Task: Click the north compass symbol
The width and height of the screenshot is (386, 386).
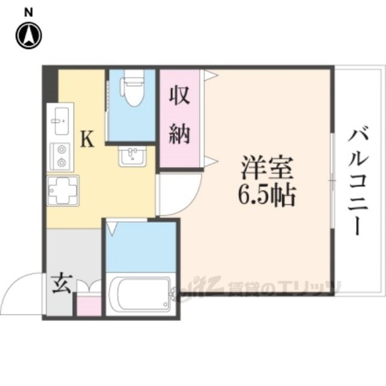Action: pos(28,36)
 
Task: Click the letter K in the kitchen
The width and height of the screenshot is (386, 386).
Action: pos(87,141)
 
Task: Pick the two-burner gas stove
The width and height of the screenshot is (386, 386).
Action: pos(60,156)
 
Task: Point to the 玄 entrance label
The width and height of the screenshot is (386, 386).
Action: pos(60,284)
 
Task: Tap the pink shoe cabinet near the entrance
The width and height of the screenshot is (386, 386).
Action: pos(87,305)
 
